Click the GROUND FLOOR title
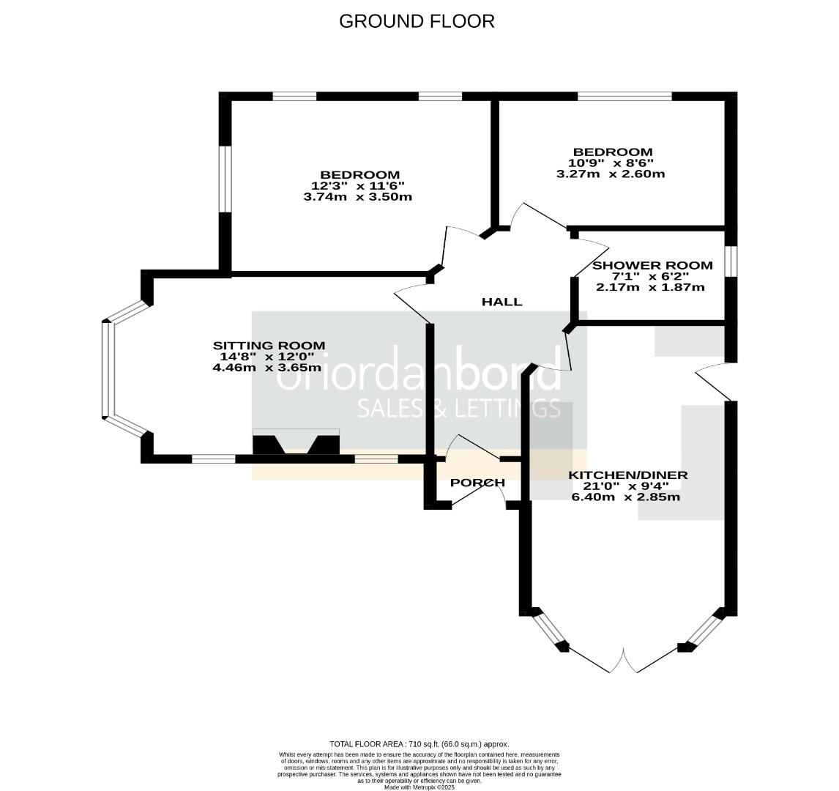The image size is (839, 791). click(x=417, y=21)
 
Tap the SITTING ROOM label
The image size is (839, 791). click(x=269, y=346)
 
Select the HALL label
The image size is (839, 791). click(x=501, y=302)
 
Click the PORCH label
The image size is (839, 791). click(x=477, y=483)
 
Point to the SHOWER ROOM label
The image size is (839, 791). click(x=652, y=265)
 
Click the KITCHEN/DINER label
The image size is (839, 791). click(x=628, y=475)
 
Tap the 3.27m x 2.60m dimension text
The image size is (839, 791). click(x=611, y=174)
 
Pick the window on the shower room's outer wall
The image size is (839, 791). click(x=731, y=261)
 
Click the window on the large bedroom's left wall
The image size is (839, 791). click(x=225, y=179)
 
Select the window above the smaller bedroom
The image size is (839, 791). click(x=624, y=96)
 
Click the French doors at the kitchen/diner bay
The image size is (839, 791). click(x=624, y=660)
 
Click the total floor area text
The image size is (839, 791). click(x=419, y=744)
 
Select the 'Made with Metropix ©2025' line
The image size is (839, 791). click(x=419, y=787)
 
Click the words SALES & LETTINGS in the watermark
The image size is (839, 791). click(x=458, y=408)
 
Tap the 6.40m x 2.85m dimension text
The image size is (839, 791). click(x=626, y=497)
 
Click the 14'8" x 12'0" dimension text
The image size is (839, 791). click(x=267, y=357)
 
